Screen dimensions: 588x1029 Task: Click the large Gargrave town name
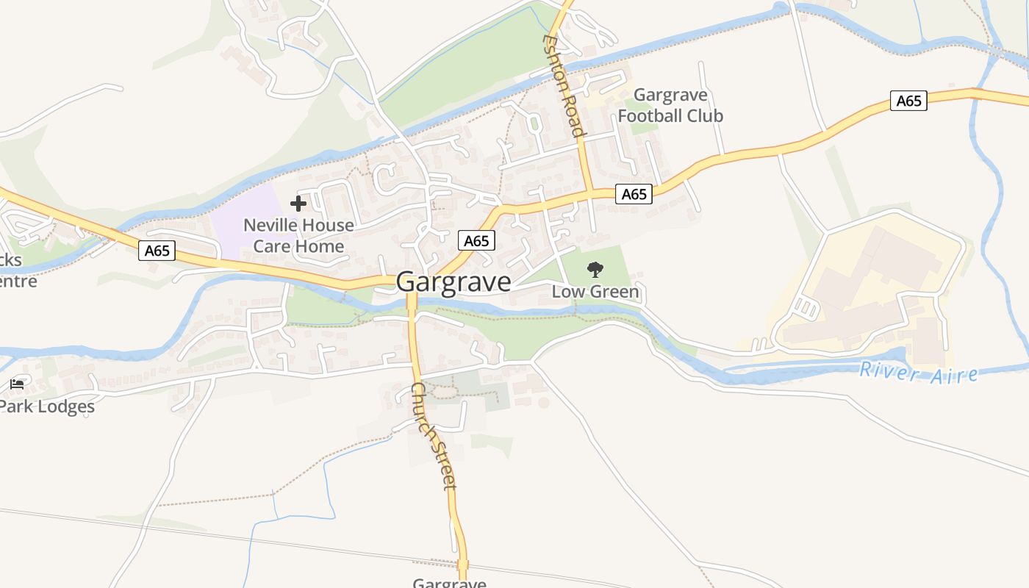[453, 282]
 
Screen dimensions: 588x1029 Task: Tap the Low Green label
[595, 292]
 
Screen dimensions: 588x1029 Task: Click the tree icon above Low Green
[595, 270]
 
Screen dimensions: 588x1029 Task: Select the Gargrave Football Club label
[670, 105]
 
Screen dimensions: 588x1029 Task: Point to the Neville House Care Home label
[298, 235]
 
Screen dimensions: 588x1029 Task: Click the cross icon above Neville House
[298, 204]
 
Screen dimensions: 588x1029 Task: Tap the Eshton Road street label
[564, 85]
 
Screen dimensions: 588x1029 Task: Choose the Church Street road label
[434, 436]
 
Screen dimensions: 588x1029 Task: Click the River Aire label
[919, 372]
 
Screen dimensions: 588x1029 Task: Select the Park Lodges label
[47, 406]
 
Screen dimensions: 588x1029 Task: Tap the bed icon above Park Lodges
[17, 384]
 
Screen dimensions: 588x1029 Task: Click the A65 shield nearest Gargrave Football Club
[634, 194]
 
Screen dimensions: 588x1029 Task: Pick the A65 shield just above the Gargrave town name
[476, 240]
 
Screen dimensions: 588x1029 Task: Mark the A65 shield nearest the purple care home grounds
[157, 251]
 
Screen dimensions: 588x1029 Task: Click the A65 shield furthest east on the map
[908, 101]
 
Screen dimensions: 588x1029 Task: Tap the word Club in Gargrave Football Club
[703, 115]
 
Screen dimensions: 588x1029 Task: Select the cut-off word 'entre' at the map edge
[18, 281]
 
